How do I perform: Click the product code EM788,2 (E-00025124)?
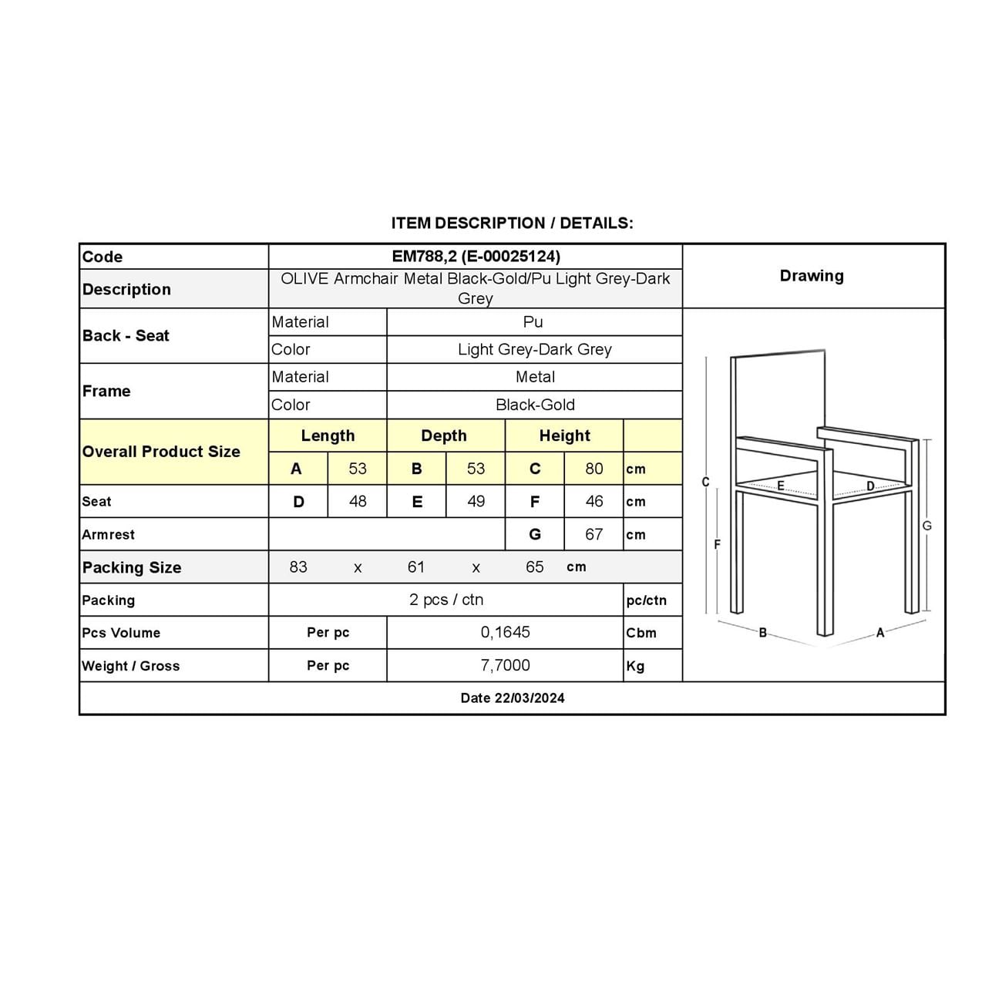(476, 257)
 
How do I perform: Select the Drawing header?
(812, 276)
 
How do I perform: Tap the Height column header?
(564, 435)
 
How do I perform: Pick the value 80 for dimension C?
(593, 469)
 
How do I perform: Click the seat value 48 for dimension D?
(358, 502)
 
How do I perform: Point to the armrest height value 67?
(593, 534)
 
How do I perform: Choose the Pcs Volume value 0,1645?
(505, 633)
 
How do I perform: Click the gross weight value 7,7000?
(505, 665)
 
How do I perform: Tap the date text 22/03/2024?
(513, 698)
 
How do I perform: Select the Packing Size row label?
(132, 568)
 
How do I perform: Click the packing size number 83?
(298, 567)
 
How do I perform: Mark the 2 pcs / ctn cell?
(446, 600)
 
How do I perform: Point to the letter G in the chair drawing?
(927, 526)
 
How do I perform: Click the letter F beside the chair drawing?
(717, 544)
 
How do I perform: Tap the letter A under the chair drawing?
(880, 633)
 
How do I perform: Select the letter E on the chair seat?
(781, 486)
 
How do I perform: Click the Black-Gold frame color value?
(535, 405)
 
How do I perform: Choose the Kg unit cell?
(636, 666)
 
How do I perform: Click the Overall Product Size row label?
(161, 452)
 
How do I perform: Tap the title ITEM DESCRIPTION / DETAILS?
(512, 224)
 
